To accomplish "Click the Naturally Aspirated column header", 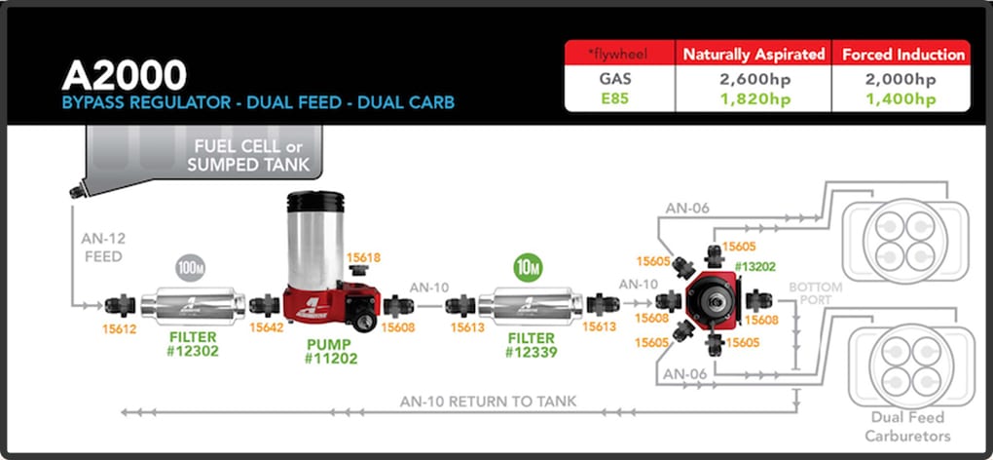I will [754, 54].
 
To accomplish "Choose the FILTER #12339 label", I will [531, 343].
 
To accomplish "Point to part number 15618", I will [364, 256].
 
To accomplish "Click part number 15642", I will [266, 328].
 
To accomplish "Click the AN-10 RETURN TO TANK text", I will [488, 401].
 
